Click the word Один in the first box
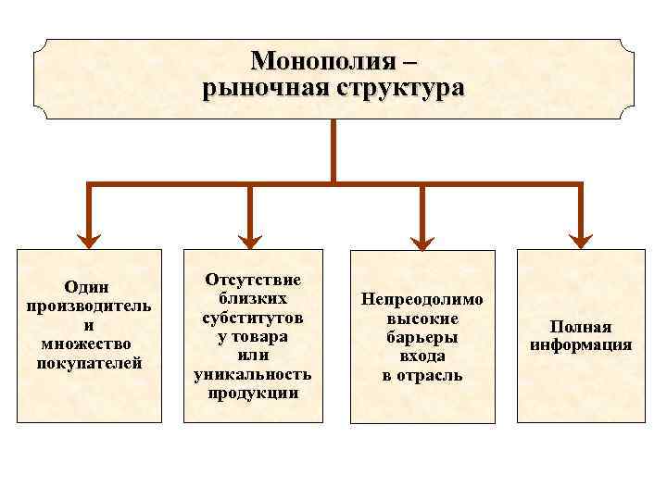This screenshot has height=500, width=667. coord(89,287)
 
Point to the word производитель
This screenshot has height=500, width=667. coord(89,306)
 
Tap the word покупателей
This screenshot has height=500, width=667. coord(89,362)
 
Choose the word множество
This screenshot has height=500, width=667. coord(89,344)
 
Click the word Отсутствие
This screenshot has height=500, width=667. coord(253,280)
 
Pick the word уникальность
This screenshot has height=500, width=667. coord(253,374)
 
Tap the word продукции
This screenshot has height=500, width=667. coord(253,393)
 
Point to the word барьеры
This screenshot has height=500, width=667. coord(422,337)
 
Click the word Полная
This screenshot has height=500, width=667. coord(581,327)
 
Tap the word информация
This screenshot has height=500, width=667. coord(581,345)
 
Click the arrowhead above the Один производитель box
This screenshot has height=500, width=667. coord(89,240)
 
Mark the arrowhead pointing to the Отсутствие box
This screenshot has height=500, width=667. coord(250,240)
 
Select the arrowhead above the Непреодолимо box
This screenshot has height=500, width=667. coord(422,240)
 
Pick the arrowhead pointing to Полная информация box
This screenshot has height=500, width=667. coord(580,240)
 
